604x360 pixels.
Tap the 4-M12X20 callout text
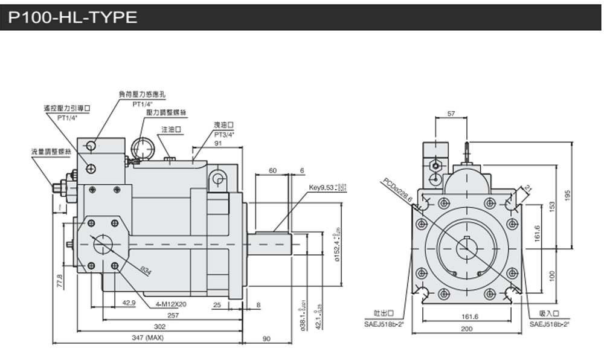(x=171, y=304)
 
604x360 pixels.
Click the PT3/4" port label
(x=223, y=133)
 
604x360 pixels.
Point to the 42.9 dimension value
(x=128, y=303)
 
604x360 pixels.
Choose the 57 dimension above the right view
(x=451, y=114)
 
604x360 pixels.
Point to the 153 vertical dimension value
(x=552, y=206)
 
